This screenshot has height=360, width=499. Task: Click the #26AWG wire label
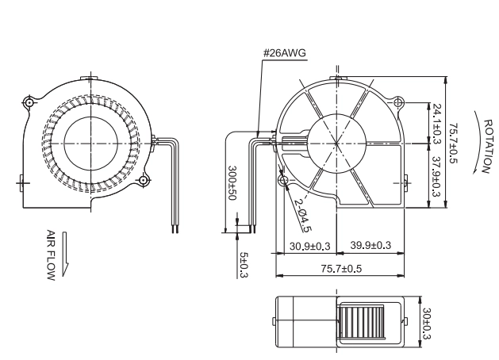(285, 52)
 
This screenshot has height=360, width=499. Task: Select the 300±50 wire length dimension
(232, 183)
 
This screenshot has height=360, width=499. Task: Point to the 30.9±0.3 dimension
(309, 246)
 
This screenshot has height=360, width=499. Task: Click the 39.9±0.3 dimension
(370, 245)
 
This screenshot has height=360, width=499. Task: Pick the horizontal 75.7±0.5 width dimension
(341, 269)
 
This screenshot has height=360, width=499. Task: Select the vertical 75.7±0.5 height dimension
(453, 143)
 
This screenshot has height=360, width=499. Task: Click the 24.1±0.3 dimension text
(436, 124)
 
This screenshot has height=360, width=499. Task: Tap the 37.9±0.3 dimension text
(436, 177)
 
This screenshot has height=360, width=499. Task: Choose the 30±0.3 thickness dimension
(426, 324)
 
